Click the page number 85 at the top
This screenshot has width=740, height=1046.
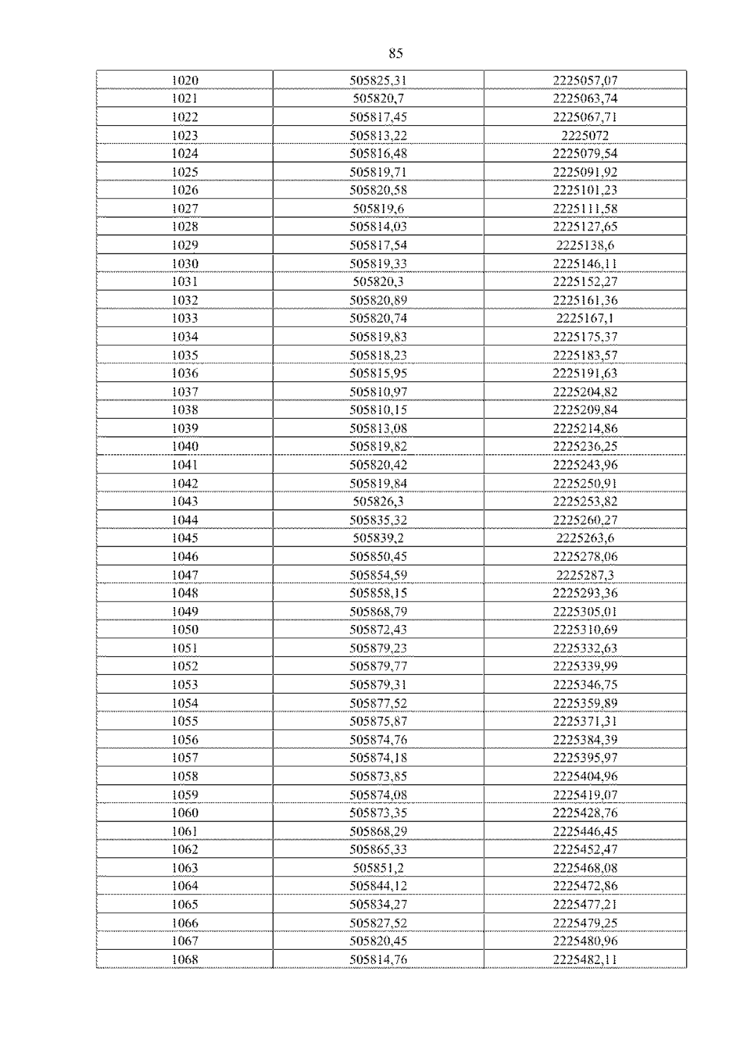[396, 54]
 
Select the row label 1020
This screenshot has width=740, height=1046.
[184, 80]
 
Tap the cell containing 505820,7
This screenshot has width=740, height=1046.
[378, 99]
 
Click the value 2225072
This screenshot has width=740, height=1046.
[585, 136]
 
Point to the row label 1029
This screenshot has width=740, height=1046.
[184, 245]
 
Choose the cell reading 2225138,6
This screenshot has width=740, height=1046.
[585, 245]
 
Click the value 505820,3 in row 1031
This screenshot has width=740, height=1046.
[378, 282]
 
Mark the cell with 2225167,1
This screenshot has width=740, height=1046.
[585, 319]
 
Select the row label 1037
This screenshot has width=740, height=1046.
[184, 392]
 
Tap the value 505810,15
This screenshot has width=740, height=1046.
[378, 410]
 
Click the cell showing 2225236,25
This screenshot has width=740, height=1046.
[585, 446]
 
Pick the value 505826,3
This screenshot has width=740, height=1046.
[378, 501]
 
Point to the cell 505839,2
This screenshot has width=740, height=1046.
[378, 538]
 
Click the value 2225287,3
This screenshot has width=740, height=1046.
[585, 575]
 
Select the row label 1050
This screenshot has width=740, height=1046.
[184, 629]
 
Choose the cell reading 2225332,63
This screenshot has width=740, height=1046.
[585, 648]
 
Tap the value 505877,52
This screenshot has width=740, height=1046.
[378, 703]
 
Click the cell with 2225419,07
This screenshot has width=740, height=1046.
[585, 795]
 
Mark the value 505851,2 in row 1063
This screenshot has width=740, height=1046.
[378, 868]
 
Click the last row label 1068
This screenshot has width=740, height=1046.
[184, 959]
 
